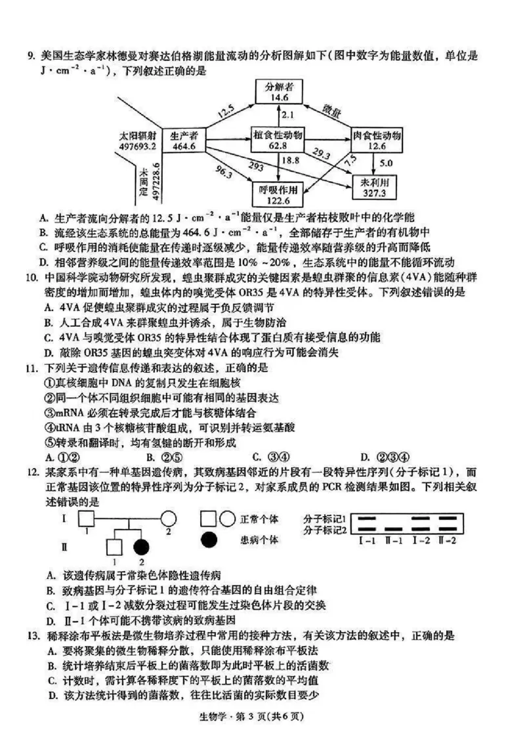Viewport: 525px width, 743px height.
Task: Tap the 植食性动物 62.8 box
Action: (x=278, y=140)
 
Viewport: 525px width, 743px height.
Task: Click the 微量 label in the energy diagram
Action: (x=331, y=110)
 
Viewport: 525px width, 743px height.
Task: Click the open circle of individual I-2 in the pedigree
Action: (x=168, y=519)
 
